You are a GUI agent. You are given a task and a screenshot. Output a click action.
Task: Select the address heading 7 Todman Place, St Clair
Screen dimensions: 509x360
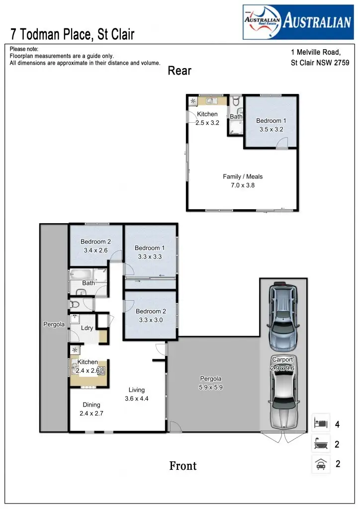tap(73, 35)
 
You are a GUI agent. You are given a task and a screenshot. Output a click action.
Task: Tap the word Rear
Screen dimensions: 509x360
tap(180, 71)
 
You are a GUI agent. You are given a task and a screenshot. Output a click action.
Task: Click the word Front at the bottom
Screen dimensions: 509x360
tap(183, 466)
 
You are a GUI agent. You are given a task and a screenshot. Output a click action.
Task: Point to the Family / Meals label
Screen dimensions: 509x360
tap(243, 176)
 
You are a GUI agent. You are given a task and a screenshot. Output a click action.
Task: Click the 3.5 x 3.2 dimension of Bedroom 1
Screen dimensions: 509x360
tap(271, 130)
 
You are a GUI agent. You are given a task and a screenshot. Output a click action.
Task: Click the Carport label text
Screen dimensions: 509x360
tap(282, 359)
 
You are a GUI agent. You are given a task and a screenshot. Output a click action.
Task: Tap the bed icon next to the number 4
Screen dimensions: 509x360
tap(321, 424)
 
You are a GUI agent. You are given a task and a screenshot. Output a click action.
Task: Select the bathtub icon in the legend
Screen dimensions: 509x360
tap(321, 444)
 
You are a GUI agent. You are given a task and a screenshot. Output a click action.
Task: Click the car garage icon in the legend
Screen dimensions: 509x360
tap(321, 464)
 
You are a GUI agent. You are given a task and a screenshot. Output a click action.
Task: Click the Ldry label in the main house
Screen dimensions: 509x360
tap(87, 329)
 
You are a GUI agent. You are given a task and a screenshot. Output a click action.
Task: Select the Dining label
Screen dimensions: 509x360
tap(91, 405)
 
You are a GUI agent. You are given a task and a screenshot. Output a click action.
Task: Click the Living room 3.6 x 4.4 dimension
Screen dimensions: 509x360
tap(136, 398)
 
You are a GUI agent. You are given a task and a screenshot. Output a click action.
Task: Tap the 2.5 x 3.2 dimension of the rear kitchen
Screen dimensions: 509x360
tap(207, 123)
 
